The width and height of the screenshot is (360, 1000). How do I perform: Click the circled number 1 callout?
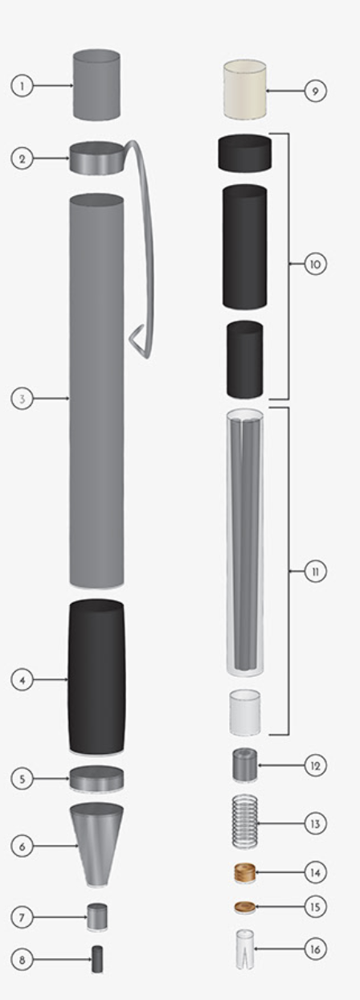22,85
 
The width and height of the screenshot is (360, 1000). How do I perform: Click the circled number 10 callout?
315,264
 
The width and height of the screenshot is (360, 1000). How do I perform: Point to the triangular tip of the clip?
137,338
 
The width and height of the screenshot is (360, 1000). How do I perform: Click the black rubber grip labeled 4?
96,677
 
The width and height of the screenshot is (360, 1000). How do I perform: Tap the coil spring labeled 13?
245,822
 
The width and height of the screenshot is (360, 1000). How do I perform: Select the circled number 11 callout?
315,572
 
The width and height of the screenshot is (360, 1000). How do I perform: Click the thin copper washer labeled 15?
245,907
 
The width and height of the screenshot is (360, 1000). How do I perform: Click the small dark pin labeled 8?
97,959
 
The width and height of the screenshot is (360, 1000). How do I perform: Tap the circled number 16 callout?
315,949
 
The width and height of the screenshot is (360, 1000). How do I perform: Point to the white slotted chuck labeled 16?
245,949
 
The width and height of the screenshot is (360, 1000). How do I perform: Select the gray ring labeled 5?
96,778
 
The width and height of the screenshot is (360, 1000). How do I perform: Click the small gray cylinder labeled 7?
97,916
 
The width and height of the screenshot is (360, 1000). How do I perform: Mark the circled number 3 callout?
22,398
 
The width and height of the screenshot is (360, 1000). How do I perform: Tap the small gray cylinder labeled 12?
245,765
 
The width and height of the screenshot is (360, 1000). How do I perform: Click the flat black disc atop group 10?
245,153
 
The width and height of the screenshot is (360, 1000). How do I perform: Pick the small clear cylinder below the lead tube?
245,711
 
